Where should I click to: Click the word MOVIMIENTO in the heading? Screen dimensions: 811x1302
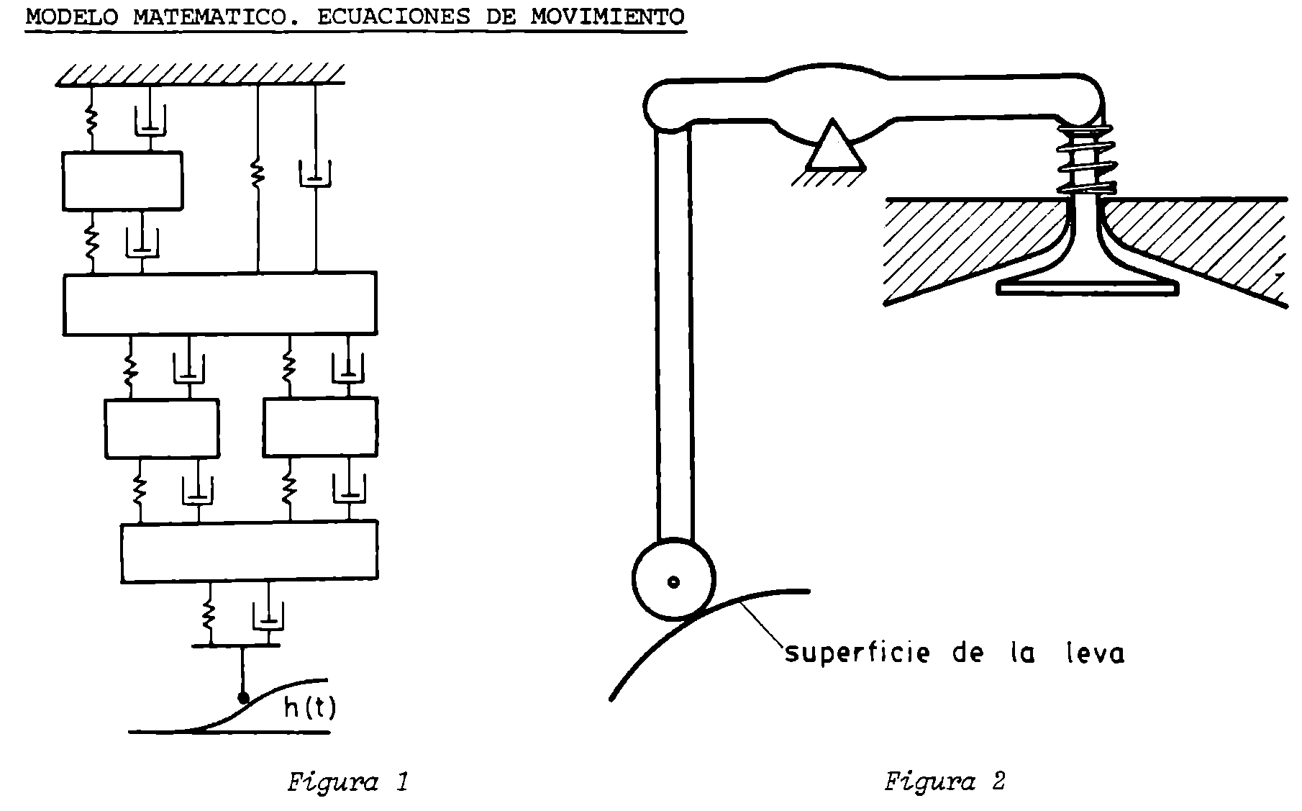click(x=608, y=17)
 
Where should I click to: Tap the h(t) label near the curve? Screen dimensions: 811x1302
click(x=309, y=708)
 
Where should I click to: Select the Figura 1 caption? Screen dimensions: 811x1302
click(x=347, y=781)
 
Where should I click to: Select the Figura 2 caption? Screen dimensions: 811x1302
click(x=944, y=781)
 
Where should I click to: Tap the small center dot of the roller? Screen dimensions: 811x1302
click(x=673, y=581)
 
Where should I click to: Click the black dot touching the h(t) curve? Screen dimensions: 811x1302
click(x=243, y=697)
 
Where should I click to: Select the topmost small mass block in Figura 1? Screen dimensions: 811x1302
click(x=122, y=181)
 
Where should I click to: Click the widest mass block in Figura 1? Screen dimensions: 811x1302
click(x=220, y=303)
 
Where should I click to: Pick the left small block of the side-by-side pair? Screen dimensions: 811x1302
click(x=162, y=428)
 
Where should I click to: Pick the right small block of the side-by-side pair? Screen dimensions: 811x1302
click(x=320, y=427)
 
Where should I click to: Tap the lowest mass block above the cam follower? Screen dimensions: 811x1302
click(x=249, y=551)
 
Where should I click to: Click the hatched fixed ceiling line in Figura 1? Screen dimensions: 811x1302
click(x=201, y=75)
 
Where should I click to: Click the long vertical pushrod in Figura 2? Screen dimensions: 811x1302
click(x=675, y=331)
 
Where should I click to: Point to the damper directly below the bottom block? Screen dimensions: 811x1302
click(x=268, y=615)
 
